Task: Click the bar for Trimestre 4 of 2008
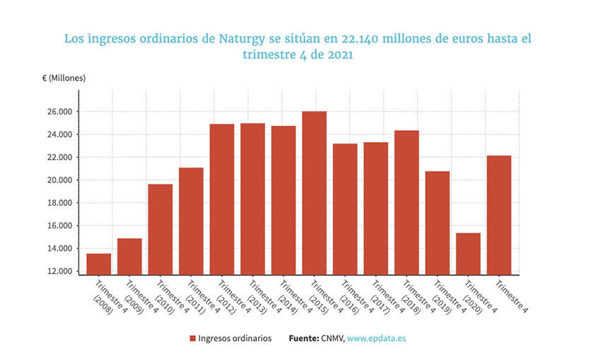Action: (x=98, y=264)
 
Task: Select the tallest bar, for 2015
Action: (x=314, y=193)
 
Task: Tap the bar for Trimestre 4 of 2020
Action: (x=468, y=254)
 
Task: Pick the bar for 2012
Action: (x=221, y=199)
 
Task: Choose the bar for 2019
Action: (x=437, y=223)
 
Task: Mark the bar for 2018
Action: (x=407, y=202)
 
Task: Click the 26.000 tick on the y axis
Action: (x=59, y=112)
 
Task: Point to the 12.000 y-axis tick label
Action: (x=59, y=272)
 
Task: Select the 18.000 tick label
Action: (x=59, y=203)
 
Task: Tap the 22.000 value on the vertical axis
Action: (x=59, y=157)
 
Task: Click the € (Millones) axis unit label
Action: (x=64, y=78)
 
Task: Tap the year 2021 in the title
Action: (x=338, y=54)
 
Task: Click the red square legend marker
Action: (x=192, y=339)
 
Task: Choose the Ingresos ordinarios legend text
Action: (x=235, y=339)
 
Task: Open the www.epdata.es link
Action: (x=376, y=339)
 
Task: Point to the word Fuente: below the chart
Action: (x=303, y=339)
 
